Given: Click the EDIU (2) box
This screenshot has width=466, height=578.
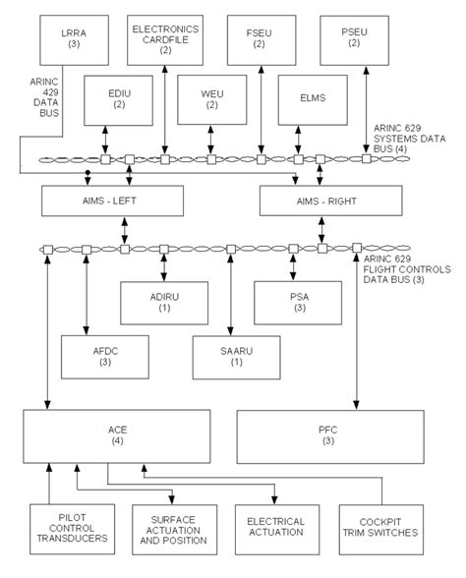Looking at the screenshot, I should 118,97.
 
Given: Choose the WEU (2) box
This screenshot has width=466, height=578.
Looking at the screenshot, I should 211,97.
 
